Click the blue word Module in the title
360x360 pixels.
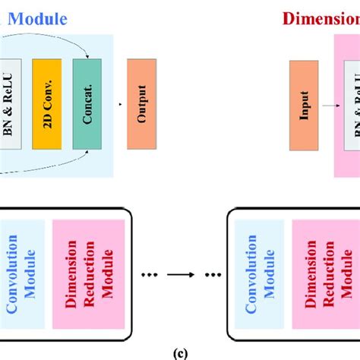pos(38,17)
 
